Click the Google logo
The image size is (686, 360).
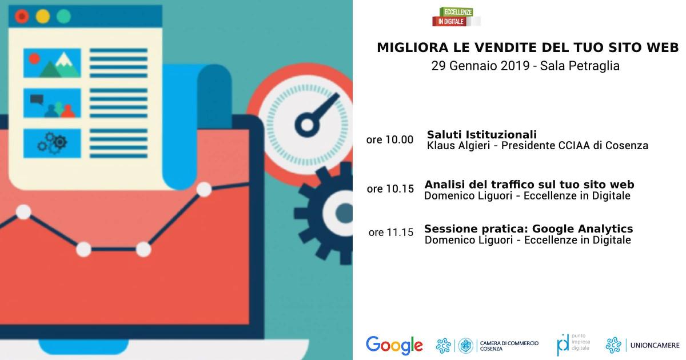394,345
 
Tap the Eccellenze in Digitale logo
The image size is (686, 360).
456,17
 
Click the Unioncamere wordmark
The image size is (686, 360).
655,345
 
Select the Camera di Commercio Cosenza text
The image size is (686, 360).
509,346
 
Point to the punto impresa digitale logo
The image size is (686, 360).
573,345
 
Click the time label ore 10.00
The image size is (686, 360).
389,139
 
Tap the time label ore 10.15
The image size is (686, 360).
390,189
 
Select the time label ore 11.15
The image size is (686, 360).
391,233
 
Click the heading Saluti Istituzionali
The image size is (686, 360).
482,134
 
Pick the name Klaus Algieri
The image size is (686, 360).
458,145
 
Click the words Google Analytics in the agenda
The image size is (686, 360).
583,229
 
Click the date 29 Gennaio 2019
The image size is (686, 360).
481,66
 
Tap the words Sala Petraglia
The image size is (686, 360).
580,66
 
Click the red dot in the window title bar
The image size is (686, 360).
22,16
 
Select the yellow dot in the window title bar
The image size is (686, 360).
42,16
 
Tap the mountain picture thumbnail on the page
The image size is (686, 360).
52,63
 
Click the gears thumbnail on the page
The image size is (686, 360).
52,143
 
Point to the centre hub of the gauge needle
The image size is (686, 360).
307,125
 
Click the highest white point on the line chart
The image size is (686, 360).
204,190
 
